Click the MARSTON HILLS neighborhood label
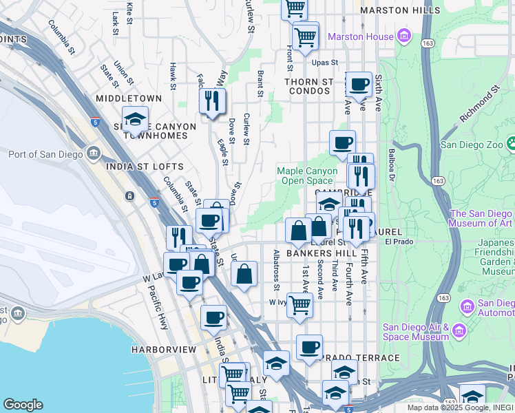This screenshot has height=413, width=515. point(400,10)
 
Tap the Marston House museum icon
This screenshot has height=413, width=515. point(404,36)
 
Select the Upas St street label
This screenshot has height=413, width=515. point(324,62)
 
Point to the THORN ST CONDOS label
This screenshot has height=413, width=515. point(310,86)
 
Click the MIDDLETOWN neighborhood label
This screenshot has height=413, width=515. point(129,99)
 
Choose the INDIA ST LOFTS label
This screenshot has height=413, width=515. point(145,167)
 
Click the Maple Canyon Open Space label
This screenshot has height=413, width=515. point(307,176)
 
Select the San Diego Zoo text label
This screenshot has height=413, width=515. point(474,145)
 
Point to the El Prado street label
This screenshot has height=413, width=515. point(397,242)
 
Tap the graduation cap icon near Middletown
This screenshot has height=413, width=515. point(136,120)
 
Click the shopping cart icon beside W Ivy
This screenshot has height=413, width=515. point(299,304)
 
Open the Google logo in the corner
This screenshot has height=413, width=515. point(23,405)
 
